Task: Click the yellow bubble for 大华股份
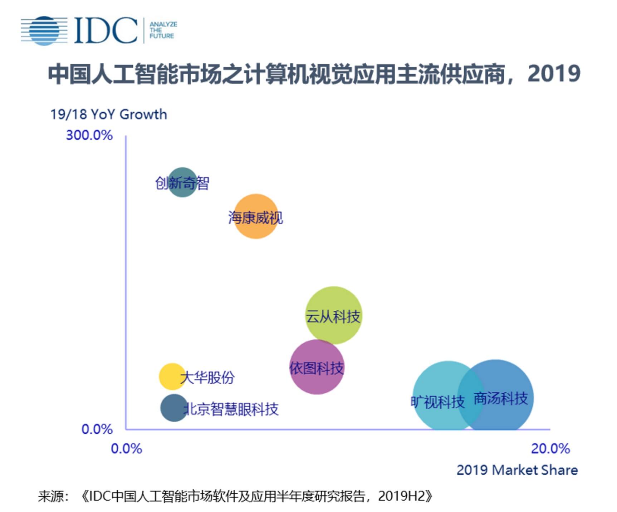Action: point(171,376)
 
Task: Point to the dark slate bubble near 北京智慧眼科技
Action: point(173,408)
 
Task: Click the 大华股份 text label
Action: point(208,378)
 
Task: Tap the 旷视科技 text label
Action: point(437,402)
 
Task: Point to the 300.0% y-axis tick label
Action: point(89,136)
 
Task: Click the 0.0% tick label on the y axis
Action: point(97,429)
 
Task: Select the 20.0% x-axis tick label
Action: point(550,448)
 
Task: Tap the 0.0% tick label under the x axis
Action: point(126,448)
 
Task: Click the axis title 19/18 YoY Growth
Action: point(108,114)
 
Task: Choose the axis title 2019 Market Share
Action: point(517,470)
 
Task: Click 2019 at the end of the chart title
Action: point(553,74)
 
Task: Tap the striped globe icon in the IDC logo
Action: point(44,31)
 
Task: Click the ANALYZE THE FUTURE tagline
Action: point(163,30)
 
